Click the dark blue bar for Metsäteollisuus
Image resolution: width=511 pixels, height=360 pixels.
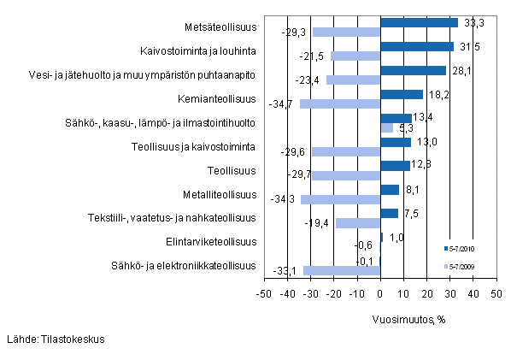coord(419,23)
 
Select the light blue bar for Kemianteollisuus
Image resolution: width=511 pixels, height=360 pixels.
coord(340,104)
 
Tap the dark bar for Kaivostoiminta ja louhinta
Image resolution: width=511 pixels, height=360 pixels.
coord(417,46)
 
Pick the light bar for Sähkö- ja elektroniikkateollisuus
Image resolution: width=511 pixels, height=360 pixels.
coord(342,270)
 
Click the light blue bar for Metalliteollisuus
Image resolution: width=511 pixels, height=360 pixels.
coord(340,199)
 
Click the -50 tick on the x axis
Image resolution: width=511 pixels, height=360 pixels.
coord(264,294)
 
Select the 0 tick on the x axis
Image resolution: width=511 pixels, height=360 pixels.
coord(380,294)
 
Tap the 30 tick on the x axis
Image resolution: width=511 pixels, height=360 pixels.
coord(449,294)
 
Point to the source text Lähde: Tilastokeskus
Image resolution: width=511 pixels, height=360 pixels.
coord(56,339)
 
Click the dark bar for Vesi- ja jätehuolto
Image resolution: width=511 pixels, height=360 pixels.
coord(413,70)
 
